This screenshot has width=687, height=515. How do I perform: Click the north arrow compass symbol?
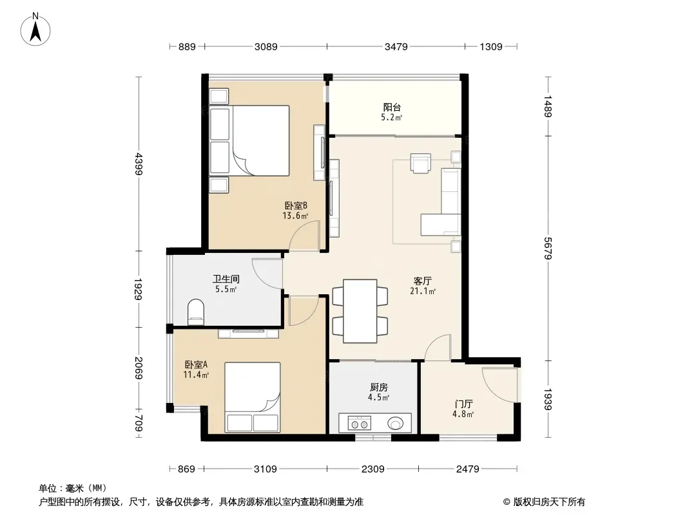[35, 30]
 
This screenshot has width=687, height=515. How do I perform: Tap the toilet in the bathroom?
[196, 312]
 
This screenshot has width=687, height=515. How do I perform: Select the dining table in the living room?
[360, 311]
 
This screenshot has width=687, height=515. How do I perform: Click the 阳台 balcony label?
[392, 108]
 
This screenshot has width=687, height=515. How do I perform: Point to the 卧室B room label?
[296, 205]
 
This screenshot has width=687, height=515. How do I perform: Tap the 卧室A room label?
[196, 364]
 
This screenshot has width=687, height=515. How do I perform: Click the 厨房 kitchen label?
[379, 388]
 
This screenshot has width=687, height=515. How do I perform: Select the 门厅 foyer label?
[463, 404]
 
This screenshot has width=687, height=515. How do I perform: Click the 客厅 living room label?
[423, 281]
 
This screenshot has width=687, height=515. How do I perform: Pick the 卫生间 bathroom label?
[226, 279]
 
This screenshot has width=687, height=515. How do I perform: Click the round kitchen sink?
[396, 423]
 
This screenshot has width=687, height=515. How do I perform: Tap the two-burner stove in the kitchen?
[360, 424]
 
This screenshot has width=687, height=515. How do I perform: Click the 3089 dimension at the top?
[266, 46]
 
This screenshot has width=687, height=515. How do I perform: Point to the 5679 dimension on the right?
[548, 248]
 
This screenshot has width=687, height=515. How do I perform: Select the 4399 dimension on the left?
[139, 164]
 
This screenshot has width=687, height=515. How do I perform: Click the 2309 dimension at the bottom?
[373, 469]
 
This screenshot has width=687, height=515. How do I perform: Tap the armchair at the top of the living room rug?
[421, 163]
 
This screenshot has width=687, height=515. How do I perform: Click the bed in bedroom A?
[253, 397]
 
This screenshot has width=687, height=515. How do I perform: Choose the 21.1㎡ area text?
[423, 291]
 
